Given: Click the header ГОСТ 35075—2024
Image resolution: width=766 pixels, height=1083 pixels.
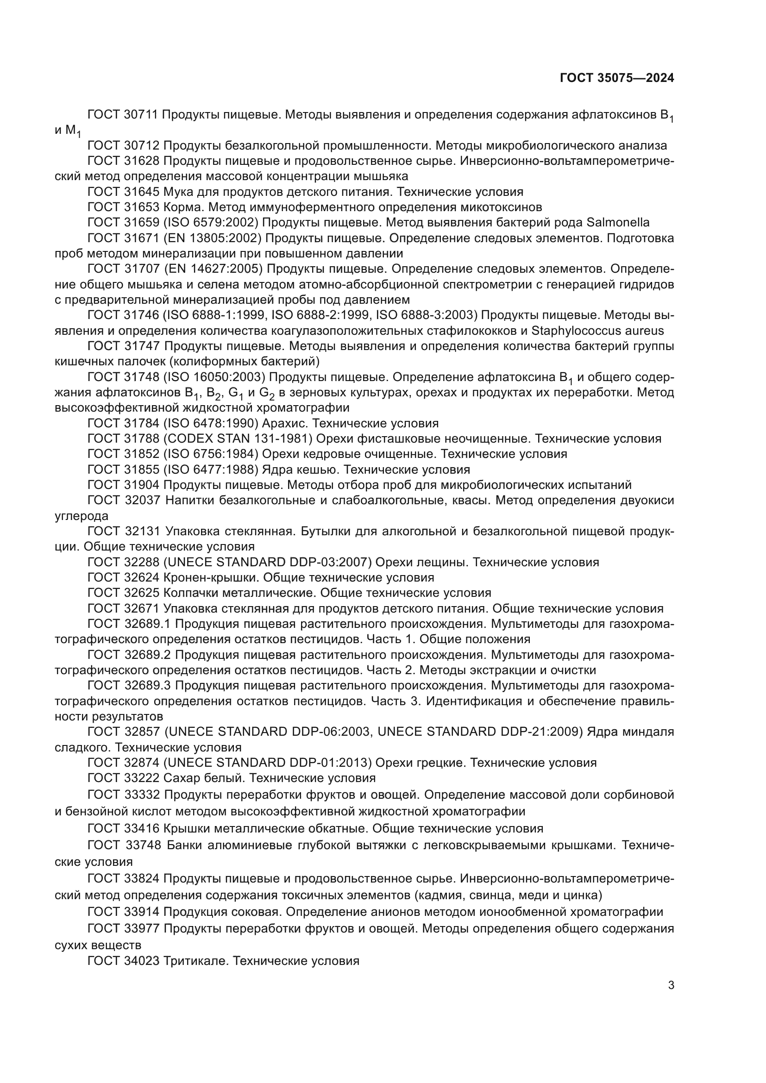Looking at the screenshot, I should pos(616,78).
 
